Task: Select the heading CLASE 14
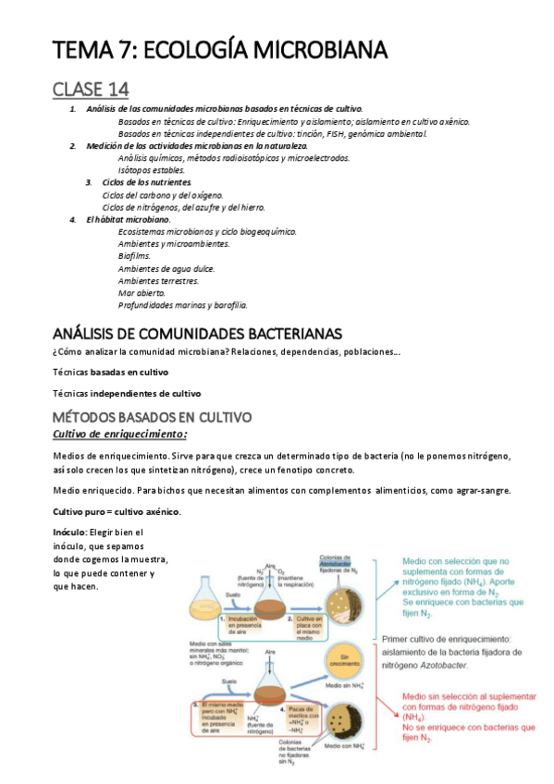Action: click(x=90, y=89)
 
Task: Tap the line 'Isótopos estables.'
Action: click(x=152, y=170)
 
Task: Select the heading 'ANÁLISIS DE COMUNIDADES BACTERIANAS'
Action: click(x=198, y=333)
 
